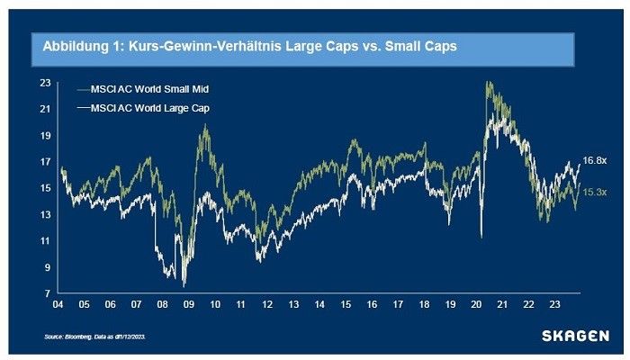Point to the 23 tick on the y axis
[45, 83]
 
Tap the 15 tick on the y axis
[45, 188]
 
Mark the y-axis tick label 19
[45, 136]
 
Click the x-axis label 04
[58, 305]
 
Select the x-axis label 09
[189, 305]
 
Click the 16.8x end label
[595, 159]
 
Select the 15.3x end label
[595, 193]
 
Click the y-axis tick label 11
[45, 240]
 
